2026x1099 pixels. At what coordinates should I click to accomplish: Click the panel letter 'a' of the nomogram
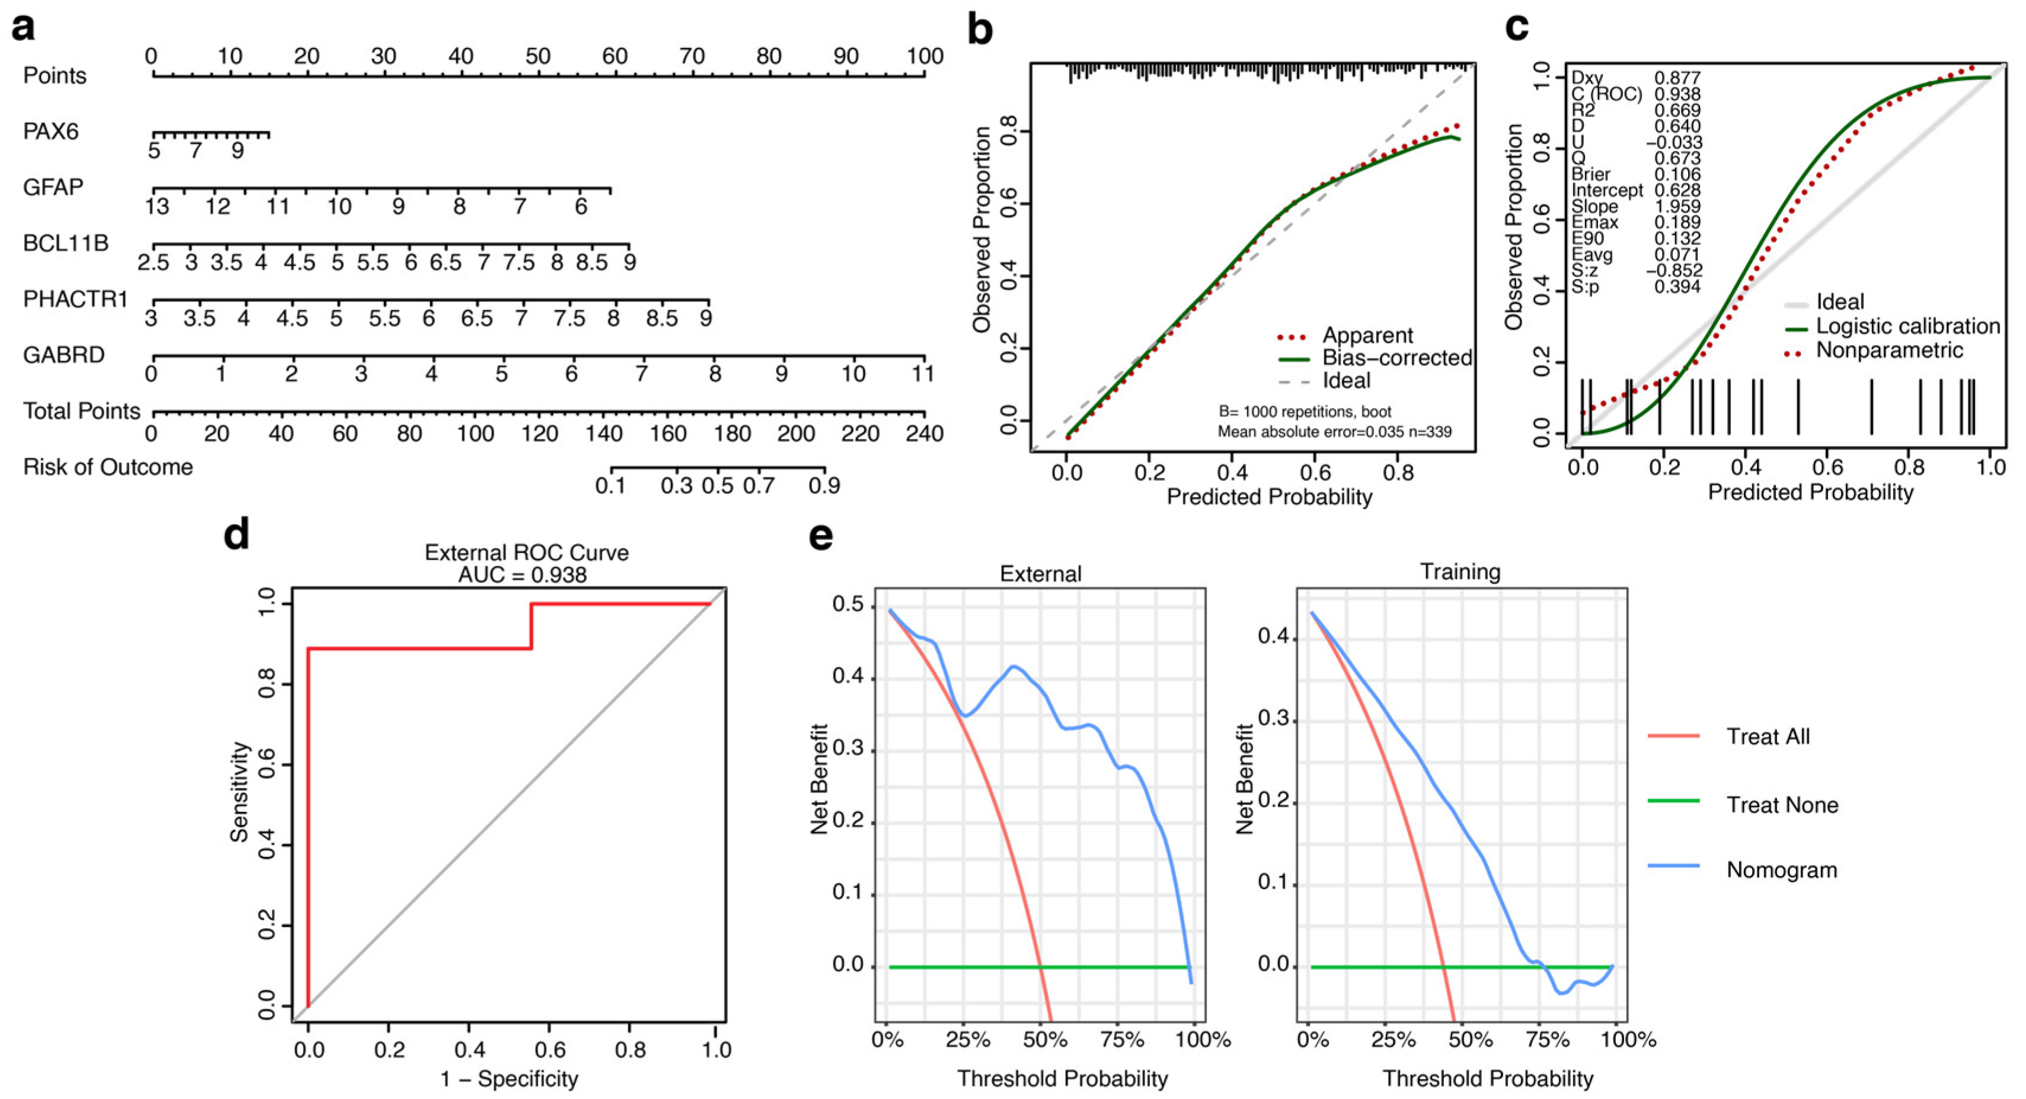click(24, 27)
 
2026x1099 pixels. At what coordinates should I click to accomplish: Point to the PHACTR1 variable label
click(75, 299)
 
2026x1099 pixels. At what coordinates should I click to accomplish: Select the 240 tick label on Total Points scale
click(924, 434)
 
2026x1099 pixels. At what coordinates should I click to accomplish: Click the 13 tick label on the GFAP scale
click(156, 207)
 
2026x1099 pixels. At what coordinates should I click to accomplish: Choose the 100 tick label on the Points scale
click(924, 56)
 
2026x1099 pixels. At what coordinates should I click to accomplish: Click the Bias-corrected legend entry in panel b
click(1396, 358)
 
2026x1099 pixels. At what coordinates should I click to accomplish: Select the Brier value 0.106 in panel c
click(1677, 174)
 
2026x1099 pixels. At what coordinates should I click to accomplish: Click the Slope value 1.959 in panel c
click(1677, 206)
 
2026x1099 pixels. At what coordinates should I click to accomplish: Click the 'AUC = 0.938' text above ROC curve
click(522, 575)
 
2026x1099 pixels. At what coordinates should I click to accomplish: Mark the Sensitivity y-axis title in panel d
click(239, 791)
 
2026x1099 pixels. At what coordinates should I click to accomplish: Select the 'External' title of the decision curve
click(1040, 574)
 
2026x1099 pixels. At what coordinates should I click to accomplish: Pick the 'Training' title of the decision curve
click(1460, 571)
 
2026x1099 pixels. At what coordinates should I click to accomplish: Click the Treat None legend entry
click(1781, 805)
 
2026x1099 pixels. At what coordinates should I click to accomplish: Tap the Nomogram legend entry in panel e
click(1781, 870)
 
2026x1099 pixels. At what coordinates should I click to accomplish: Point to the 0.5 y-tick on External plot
click(847, 605)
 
